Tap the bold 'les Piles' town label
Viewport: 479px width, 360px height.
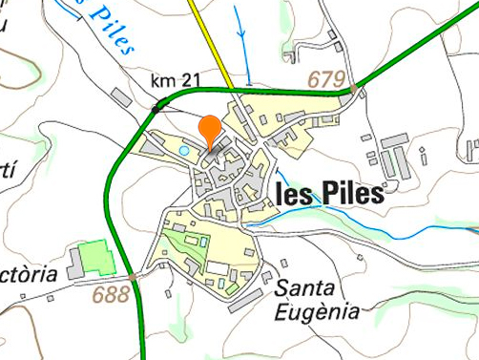point(329,195)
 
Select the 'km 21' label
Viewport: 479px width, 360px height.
point(176,80)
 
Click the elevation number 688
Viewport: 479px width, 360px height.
point(111,294)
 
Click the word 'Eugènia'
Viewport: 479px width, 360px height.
point(316,311)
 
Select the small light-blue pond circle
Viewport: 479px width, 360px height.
point(183,151)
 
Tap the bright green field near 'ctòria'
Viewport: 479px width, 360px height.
point(95,258)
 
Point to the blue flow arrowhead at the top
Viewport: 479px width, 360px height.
point(240,36)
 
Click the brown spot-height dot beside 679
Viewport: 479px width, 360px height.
point(354,89)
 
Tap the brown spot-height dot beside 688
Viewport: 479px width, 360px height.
point(133,278)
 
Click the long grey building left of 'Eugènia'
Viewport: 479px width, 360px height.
point(245,300)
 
